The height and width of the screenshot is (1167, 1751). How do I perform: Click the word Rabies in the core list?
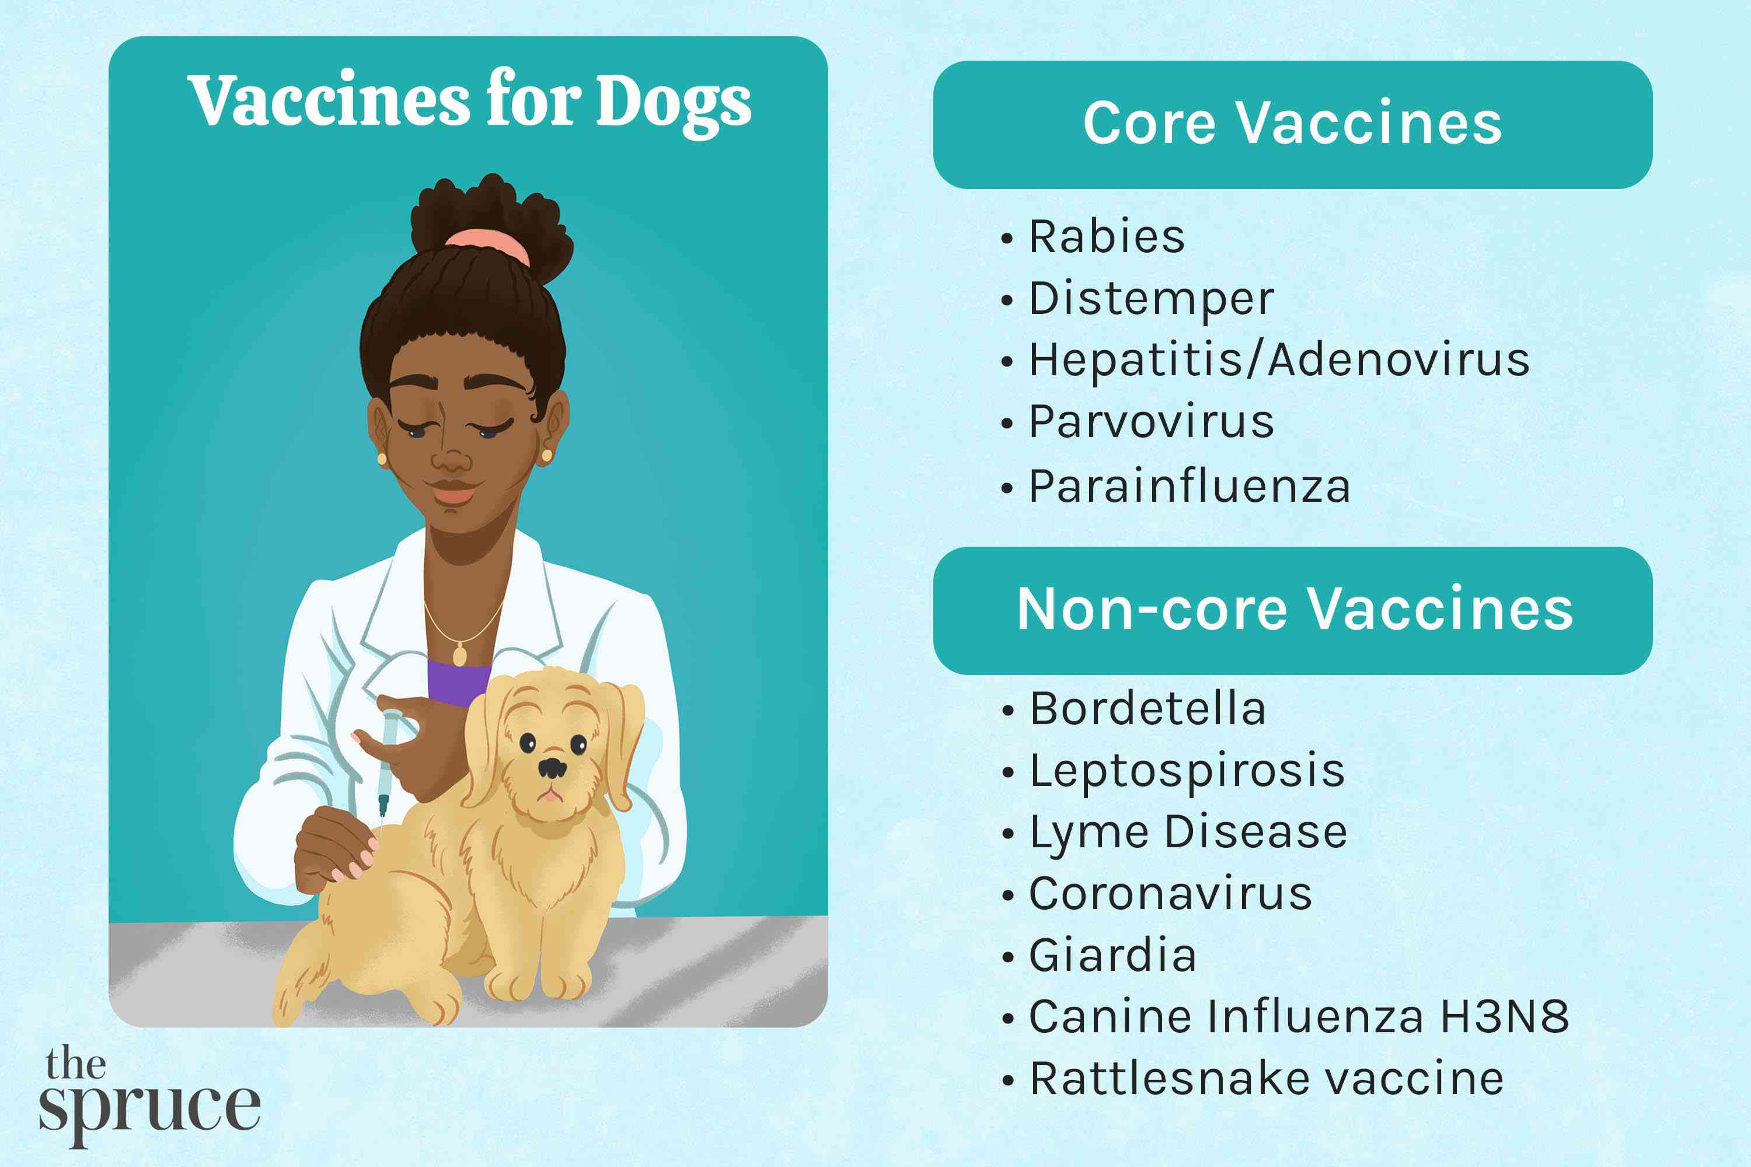[x=1106, y=237]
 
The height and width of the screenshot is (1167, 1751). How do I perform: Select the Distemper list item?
[x=1151, y=299]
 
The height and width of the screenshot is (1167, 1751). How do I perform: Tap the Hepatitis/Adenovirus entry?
[x=1279, y=361]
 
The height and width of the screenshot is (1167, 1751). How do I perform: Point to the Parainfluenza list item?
[x=1189, y=487]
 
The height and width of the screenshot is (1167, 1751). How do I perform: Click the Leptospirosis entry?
[x=1187, y=770]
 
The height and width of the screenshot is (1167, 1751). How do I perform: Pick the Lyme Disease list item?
[x=1188, y=832]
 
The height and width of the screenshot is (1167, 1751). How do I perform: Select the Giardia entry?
[x=1112, y=956]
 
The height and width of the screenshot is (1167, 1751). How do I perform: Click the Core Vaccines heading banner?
[x=1292, y=124]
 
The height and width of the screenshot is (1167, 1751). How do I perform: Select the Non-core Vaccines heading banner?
[x=1292, y=610]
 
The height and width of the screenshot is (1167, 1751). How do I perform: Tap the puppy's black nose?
[x=552, y=767]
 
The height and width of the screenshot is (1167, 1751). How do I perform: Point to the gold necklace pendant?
[x=460, y=655]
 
